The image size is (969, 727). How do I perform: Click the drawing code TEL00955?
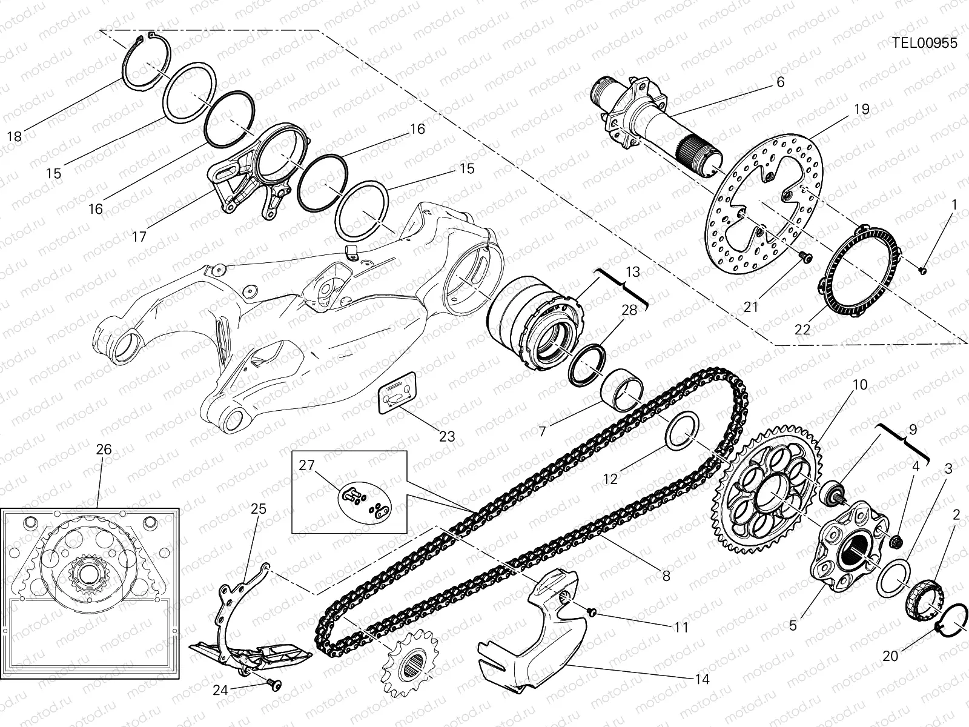click(924, 43)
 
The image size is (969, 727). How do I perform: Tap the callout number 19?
click(862, 109)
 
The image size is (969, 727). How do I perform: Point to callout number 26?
click(104, 450)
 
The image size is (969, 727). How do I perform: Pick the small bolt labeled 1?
click(923, 270)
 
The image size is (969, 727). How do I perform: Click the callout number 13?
click(632, 273)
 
